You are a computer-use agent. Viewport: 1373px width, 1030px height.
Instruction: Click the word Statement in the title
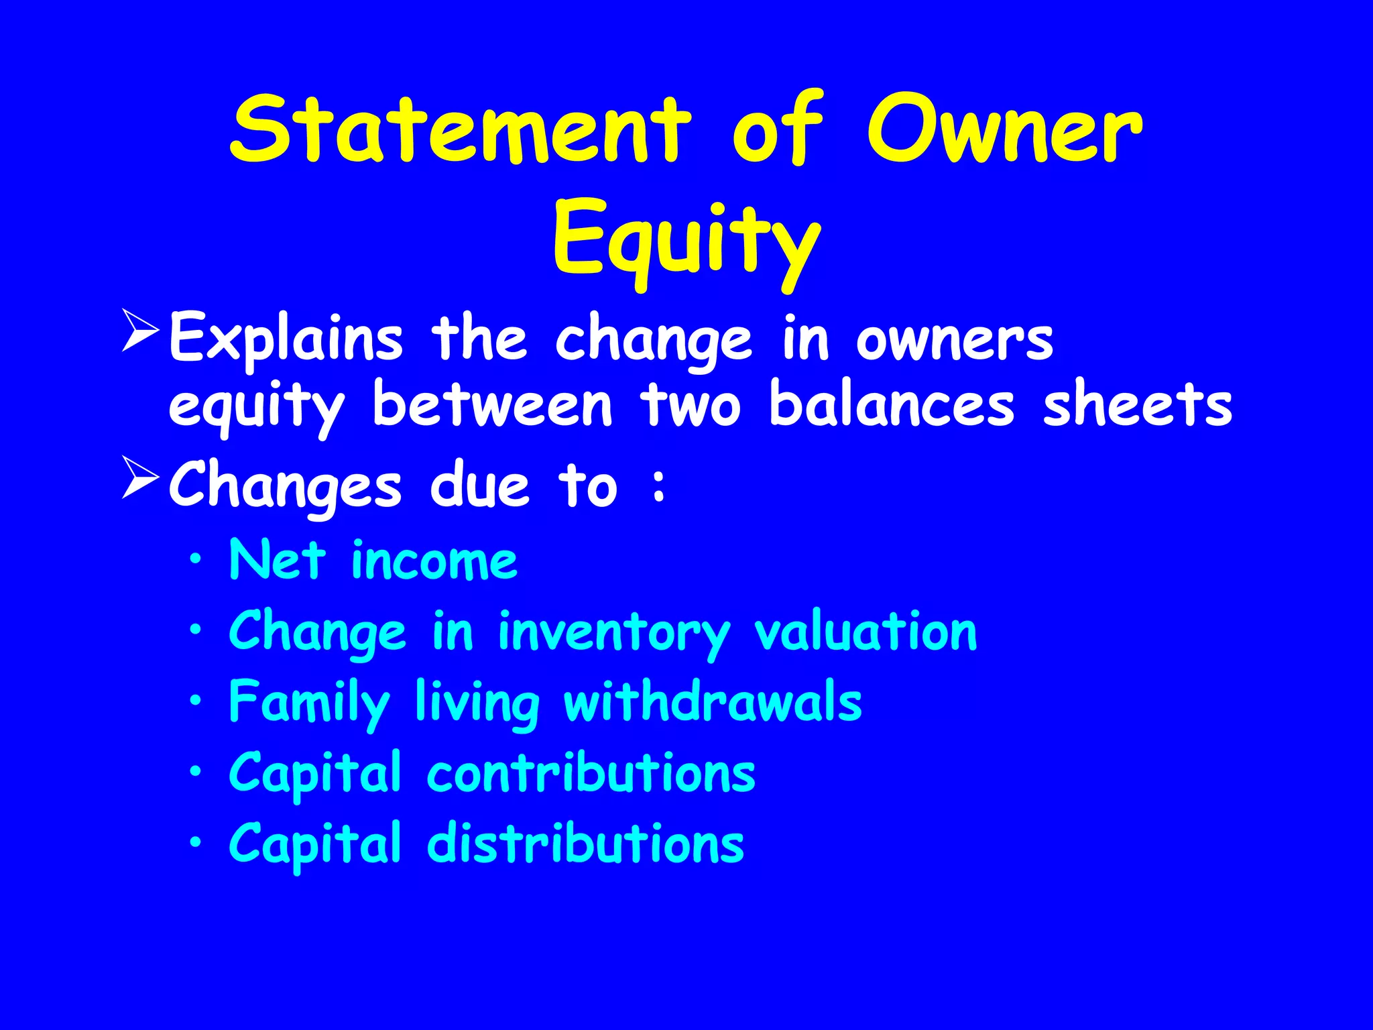coord(460,129)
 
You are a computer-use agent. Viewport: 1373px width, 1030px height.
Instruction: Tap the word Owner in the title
coord(1004,129)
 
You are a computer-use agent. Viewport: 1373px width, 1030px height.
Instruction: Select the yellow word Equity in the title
coord(686,241)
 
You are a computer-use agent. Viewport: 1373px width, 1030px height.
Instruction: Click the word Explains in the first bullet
coord(286,339)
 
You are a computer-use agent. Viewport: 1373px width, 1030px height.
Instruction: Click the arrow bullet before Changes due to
coord(140,477)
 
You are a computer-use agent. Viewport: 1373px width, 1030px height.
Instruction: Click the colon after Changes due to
coord(659,486)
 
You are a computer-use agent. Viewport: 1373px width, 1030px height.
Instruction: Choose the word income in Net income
coord(434,561)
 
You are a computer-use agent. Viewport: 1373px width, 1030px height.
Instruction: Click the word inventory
coord(613,633)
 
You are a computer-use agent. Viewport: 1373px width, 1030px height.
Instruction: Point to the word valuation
coord(865,632)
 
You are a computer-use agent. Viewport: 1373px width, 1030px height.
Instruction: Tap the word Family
coord(309,703)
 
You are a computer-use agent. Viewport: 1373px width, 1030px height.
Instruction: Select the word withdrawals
coord(713,701)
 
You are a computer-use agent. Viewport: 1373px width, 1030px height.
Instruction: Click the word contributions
coord(591,772)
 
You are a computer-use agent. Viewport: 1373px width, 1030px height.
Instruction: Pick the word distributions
coord(585,843)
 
